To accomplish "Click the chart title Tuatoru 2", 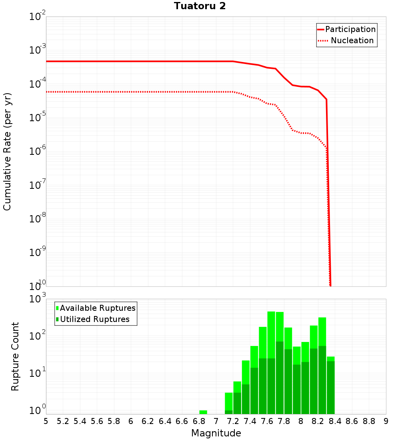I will pos(200,6).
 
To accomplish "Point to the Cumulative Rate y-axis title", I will pos(7,152).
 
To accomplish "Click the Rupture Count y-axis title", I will pos(15,356).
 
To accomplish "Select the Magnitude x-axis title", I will pos(216,433).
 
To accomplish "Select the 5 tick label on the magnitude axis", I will pos(46,421).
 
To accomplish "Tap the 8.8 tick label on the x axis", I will pos(369,421).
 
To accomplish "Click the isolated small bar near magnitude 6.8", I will pos(203,412).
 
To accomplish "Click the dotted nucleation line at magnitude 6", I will pos(131,92).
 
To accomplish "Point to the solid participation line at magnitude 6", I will pos(131,61).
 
